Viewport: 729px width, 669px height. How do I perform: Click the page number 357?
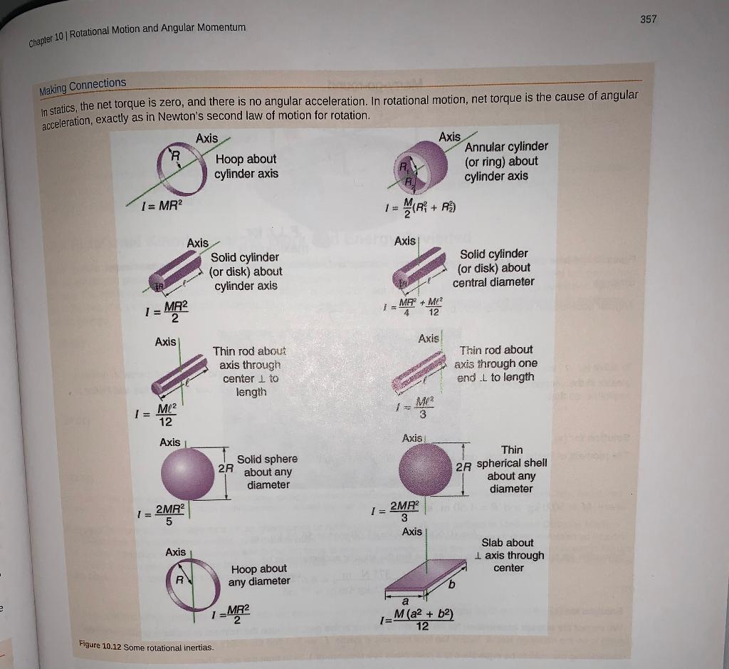pyautogui.click(x=648, y=19)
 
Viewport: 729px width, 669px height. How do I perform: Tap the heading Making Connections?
pyautogui.click(x=83, y=86)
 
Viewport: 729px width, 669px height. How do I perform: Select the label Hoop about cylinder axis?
pyautogui.click(x=246, y=166)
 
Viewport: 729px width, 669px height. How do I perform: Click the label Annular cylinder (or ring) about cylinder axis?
pyautogui.click(x=505, y=161)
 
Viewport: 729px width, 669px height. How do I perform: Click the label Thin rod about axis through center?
pyautogui.click(x=249, y=371)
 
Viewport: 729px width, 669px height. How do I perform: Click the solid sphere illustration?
pyautogui.click(x=189, y=472)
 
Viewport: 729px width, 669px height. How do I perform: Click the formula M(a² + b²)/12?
pyautogui.click(x=416, y=621)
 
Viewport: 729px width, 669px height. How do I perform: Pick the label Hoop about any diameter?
pyautogui.click(x=259, y=575)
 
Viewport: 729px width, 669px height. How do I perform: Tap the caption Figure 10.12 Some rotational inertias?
pyautogui.click(x=148, y=647)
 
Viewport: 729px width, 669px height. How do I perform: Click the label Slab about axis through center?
pyautogui.click(x=508, y=555)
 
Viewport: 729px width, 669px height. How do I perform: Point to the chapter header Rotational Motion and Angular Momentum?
pyautogui.click(x=157, y=28)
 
